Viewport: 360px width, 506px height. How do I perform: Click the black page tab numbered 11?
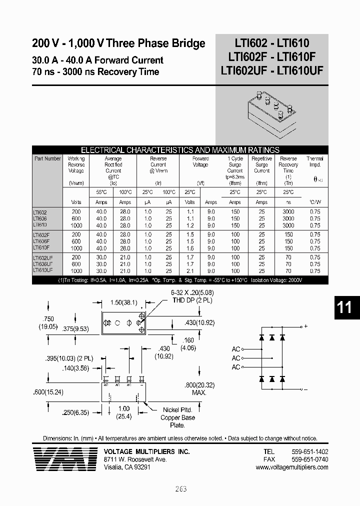(344, 307)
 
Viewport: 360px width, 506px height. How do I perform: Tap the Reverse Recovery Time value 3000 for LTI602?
(288, 212)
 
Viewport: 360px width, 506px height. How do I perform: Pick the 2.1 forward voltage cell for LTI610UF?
(190, 270)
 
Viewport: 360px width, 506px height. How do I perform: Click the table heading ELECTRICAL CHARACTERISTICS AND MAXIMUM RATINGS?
(180, 149)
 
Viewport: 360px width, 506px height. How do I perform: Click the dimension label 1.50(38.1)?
(123, 303)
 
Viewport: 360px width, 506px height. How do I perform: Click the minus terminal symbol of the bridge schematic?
(305, 389)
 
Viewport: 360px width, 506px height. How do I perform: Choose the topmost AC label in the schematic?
(236, 349)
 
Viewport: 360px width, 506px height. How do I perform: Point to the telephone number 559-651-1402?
(309, 451)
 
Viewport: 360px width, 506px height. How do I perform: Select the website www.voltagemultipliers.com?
(291, 467)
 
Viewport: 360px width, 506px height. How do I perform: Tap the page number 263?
(180, 489)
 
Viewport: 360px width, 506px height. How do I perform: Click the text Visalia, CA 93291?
(127, 467)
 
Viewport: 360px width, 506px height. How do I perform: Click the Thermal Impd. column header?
(314, 161)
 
